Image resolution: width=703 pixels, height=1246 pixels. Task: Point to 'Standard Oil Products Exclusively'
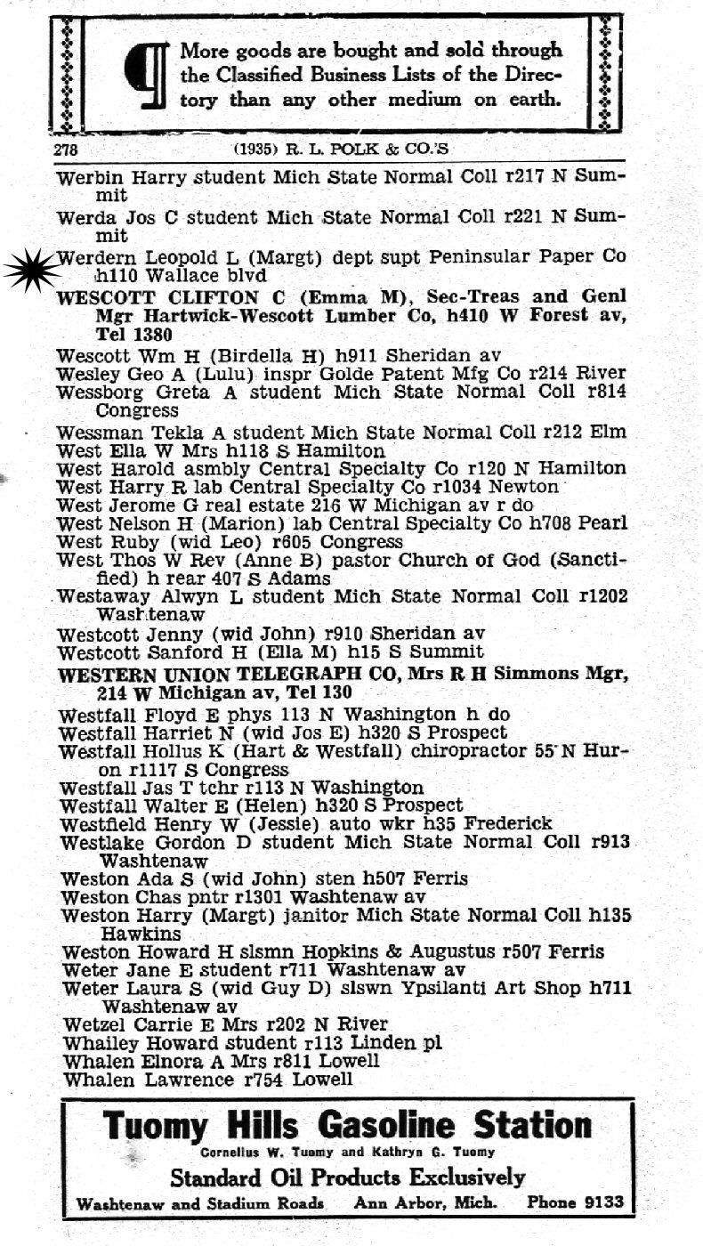348,1177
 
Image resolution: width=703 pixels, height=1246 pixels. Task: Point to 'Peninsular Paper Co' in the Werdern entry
528,257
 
